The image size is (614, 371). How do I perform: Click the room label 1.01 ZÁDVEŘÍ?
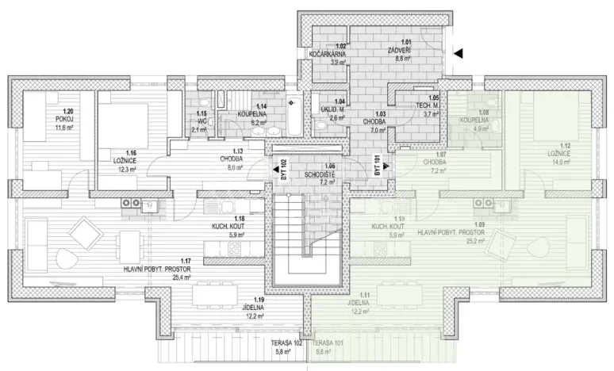coord(405,49)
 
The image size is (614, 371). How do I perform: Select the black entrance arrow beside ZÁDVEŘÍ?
coord(458,52)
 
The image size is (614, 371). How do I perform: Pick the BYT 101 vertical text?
coord(377,166)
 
